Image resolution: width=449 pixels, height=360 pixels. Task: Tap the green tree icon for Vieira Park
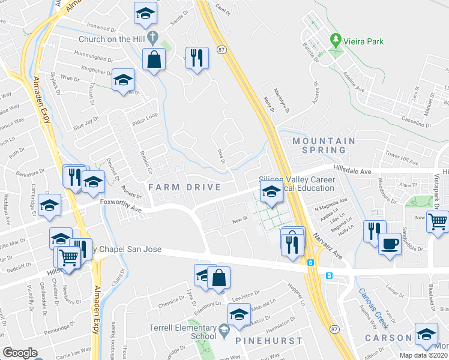(x=336, y=40)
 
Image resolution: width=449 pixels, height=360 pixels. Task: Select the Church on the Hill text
(x=112, y=39)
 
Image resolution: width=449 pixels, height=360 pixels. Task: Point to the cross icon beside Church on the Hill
(x=153, y=38)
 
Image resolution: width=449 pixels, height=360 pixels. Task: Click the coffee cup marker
(x=390, y=244)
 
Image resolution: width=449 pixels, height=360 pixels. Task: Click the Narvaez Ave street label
(x=329, y=244)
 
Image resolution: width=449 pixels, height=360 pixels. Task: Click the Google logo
(x=20, y=352)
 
